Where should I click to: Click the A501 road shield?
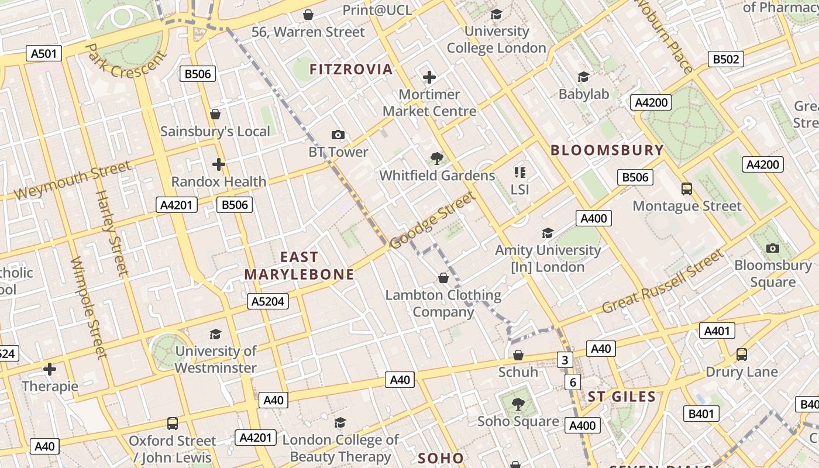pos(44,54)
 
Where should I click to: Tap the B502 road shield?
pos(726,59)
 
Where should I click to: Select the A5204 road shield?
pos(267,301)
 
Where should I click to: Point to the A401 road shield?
pos(717,331)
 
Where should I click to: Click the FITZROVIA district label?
pos(351,70)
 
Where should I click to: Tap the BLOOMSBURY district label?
pos(607,150)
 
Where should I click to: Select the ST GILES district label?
pos(622,397)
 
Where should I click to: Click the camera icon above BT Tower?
pos(338,135)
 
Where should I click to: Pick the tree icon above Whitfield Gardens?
pos(436,157)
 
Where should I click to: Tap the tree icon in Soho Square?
pos(518,404)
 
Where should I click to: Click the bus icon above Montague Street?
pos(687,189)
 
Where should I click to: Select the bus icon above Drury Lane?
pos(741,355)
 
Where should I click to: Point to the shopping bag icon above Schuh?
pos(518,355)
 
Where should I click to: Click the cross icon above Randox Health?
pos(219,164)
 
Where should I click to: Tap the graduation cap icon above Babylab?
pos(583,77)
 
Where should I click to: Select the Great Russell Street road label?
pos(662,282)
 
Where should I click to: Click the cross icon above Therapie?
pos(50,369)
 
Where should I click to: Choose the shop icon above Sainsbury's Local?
pos(215,114)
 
